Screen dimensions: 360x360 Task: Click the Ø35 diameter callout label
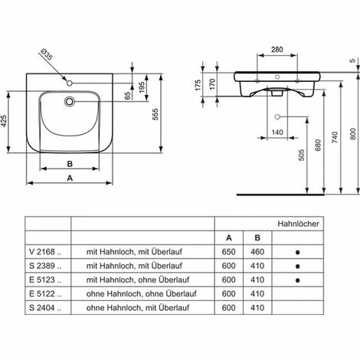tap(46, 55)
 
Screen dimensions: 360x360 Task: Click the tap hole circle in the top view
tap(69, 83)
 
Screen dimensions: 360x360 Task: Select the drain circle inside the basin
tap(69, 101)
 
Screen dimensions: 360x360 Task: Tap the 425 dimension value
tap(4, 121)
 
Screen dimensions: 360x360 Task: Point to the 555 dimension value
tap(155, 114)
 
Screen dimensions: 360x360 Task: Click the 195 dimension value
tap(142, 87)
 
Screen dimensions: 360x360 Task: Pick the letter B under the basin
tap(70, 164)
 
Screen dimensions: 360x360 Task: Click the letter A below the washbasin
tap(70, 178)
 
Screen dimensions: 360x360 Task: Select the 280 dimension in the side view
tap(277, 49)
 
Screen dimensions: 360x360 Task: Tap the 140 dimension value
tap(277, 133)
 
